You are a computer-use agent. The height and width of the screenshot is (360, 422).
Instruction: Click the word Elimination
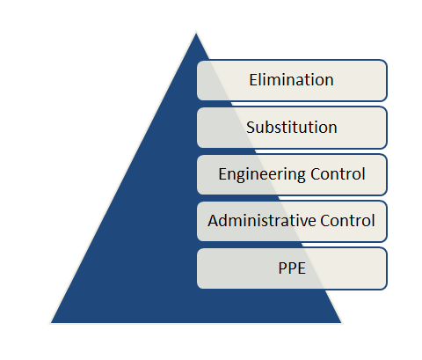click(x=291, y=79)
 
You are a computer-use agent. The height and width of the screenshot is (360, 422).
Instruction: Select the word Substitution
click(x=292, y=127)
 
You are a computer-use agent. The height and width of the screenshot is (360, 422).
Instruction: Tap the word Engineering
click(x=262, y=174)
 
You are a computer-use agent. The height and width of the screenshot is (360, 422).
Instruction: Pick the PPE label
click(x=292, y=268)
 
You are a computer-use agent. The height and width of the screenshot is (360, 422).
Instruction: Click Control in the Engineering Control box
click(x=338, y=173)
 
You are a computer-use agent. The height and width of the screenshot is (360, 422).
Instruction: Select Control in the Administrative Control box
click(x=347, y=220)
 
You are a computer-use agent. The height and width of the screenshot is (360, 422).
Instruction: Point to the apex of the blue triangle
click(x=196, y=33)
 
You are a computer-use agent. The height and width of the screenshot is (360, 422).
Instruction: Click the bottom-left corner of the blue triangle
click(x=51, y=323)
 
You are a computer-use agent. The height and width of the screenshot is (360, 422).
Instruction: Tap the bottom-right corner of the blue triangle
click(x=342, y=323)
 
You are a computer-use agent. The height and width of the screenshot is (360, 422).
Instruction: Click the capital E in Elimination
click(x=253, y=79)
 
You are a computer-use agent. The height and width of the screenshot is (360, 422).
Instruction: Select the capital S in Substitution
click(x=251, y=127)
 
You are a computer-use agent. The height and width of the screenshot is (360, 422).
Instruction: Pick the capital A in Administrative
click(x=214, y=221)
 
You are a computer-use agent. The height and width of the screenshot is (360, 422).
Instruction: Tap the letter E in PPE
click(x=302, y=268)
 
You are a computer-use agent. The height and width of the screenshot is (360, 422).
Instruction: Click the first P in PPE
click(x=282, y=268)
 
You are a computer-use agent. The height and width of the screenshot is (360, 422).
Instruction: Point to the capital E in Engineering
click(x=222, y=173)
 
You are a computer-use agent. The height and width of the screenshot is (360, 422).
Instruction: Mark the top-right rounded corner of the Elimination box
click(x=385, y=62)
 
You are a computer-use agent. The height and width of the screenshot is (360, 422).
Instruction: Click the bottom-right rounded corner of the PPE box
click(x=385, y=287)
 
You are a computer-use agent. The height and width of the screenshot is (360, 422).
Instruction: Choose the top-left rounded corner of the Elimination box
click(x=200, y=62)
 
